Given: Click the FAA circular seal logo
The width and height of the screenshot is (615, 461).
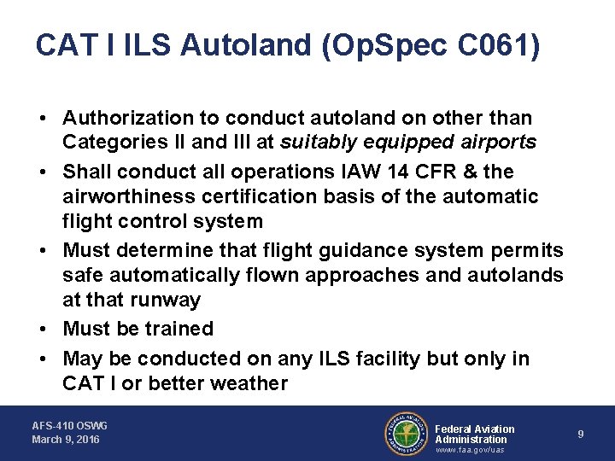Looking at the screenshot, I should click(x=407, y=434).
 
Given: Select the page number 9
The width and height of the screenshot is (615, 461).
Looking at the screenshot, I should click(x=581, y=435).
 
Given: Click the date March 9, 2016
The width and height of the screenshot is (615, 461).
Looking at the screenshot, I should click(x=66, y=440).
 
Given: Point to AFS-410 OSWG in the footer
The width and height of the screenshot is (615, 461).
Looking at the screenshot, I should click(x=70, y=425).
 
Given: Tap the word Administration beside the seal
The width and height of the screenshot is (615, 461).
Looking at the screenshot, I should click(x=471, y=440).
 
